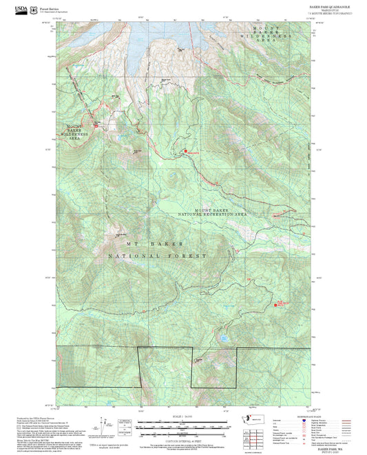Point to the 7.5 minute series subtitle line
click(x=326, y=13)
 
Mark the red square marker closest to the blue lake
click(x=277, y=298)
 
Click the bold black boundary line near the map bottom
click(x=186, y=348)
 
